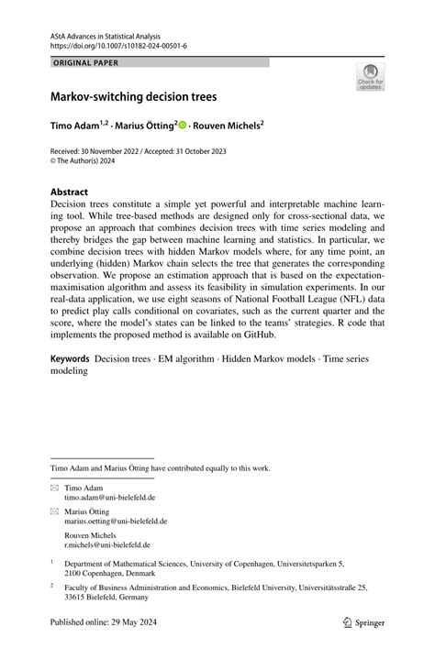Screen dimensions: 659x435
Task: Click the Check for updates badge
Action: pos(370,77)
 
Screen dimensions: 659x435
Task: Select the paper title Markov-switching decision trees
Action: pos(134,95)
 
